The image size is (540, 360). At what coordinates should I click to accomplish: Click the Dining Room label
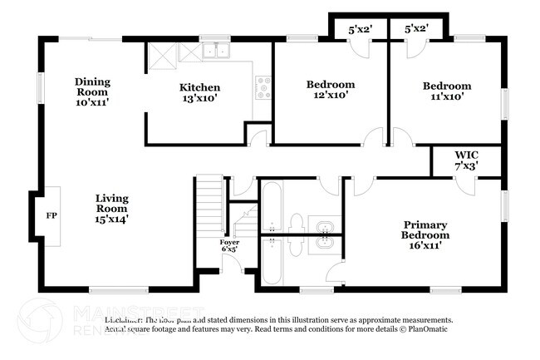92,91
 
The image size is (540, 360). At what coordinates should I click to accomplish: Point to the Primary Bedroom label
425,234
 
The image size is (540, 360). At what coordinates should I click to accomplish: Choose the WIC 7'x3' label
465,160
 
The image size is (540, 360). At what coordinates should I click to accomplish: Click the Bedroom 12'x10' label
331,90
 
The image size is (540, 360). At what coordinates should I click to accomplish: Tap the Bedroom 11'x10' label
446,91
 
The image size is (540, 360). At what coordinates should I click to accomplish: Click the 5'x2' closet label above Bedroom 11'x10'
416,29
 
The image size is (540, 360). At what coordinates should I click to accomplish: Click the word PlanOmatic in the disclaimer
428,329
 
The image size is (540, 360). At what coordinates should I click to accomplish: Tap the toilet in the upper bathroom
296,223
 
